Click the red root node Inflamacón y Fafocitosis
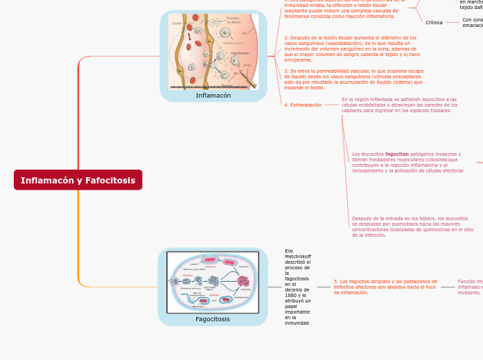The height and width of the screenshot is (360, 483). coord(78,180)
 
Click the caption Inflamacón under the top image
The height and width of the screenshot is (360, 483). coord(213,96)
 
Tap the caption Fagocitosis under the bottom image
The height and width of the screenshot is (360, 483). coord(213,319)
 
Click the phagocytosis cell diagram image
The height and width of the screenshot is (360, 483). coord(213,282)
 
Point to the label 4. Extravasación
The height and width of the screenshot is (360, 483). coord(303,105)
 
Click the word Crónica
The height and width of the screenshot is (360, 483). coord(434,22)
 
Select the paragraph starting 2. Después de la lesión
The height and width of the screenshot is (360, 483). coord(351,49)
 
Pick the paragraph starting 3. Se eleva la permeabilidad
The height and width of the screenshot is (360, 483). coord(353,79)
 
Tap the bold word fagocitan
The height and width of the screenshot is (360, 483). coord(397,154)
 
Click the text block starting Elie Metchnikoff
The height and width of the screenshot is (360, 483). coord(298,287)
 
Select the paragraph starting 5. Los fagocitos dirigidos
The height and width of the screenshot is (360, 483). coord(385,287)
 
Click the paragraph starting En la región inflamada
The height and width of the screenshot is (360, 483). coord(399,105)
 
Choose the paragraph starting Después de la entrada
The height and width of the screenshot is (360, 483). coord(412,226)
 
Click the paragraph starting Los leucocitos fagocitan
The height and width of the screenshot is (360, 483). coord(407,163)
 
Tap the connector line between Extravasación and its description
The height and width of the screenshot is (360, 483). coord(331,105)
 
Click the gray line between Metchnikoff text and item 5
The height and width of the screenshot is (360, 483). coord(323,287)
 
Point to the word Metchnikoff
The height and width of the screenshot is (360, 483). coord(298,256)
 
